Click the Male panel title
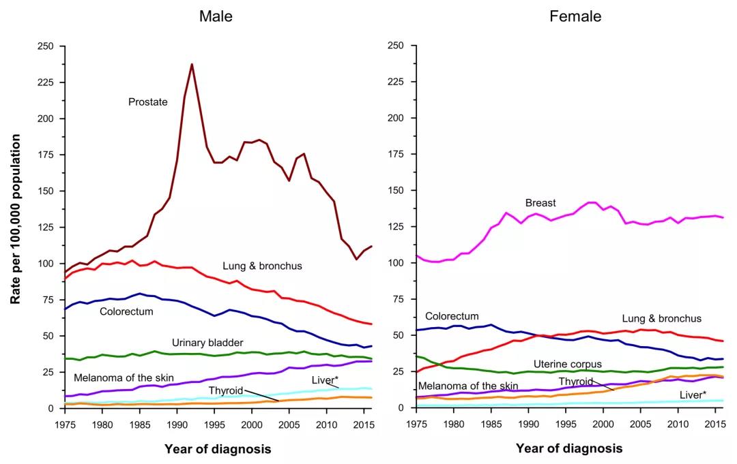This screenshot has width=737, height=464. pyautogui.click(x=216, y=16)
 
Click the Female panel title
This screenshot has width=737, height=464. pyautogui.click(x=575, y=16)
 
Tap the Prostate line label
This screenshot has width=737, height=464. pyautogui.click(x=147, y=102)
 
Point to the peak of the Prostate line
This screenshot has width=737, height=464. pyautogui.click(x=192, y=65)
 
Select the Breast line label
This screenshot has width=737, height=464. pyautogui.click(x=540, y=203)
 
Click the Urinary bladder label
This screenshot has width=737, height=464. pyautogui.click(x=207, y=342)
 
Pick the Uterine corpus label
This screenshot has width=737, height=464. pyautogui.click(x=568, y=365)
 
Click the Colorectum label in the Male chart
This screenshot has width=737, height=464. pyautogui.click(x=126, y=311)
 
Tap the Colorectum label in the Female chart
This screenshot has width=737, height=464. pyautogui.click(x=452, y=316)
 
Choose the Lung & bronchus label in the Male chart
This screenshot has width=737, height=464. pyautogui.click(x=262, y=266)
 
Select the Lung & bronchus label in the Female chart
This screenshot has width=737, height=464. pyautogui.click(x=661, y=318)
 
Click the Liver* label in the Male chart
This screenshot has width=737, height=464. pyautogui.click(x=325, y=380)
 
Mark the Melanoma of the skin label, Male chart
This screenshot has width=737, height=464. pyautogui.click(x=124, y=377)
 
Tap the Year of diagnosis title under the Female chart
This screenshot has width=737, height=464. pyautogui.click(x=569, y=448)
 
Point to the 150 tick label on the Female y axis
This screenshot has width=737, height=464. pyautogui.click(x=396, y=191)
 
